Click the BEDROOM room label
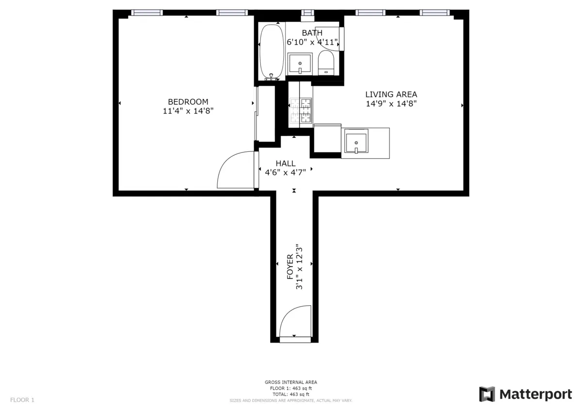click(188, 102)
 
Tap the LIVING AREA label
click(391, 95)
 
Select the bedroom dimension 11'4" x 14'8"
click(188, 111)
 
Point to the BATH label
click(312, 33)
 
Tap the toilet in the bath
click(326, 65)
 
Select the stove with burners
click(300, 111)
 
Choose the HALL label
click(285, 164)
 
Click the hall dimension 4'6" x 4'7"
click(285, 172)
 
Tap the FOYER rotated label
click(290, 267)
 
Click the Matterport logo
click(525, 394)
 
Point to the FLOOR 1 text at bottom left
click(22, 400)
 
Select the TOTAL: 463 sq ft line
click(291, 395)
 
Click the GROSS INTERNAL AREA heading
click(291, 382)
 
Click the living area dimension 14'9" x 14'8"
click(391, 103)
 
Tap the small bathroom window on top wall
click(307, 13)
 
